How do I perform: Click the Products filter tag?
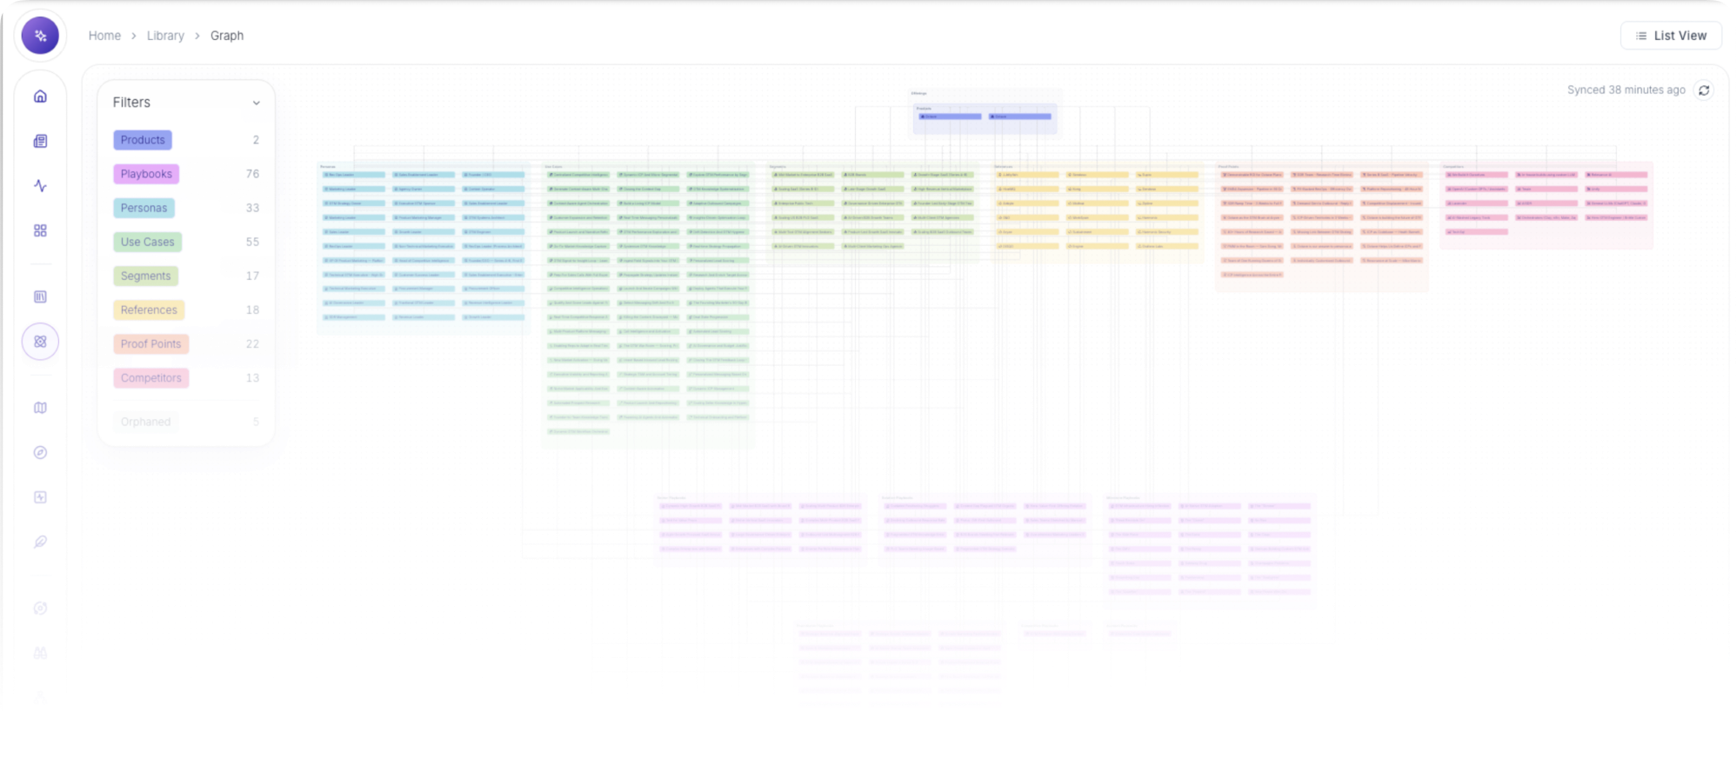coord(143,140)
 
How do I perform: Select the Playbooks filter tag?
coord(146,174)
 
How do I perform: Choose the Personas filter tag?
coord(144,208)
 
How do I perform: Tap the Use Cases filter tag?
coord(147,242)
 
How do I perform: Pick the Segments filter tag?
coord(145,276)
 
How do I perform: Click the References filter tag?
coord(149,309)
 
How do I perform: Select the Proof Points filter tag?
coord(150,343)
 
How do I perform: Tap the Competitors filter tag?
coord(150,378)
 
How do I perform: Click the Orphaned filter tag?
coord(145,422)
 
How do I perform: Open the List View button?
coord(1671,36)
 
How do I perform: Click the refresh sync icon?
coord(1704,90)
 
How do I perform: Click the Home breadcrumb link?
coord(104,36)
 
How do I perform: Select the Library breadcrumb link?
coord(165,36)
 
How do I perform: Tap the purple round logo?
coord(40,36)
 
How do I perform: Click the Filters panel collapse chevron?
coord(256,103)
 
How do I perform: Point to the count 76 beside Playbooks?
coord(252,174)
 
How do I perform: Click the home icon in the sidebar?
coord(40,96)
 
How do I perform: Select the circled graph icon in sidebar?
coord(40,342)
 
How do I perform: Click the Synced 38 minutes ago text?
coord(1626,90)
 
